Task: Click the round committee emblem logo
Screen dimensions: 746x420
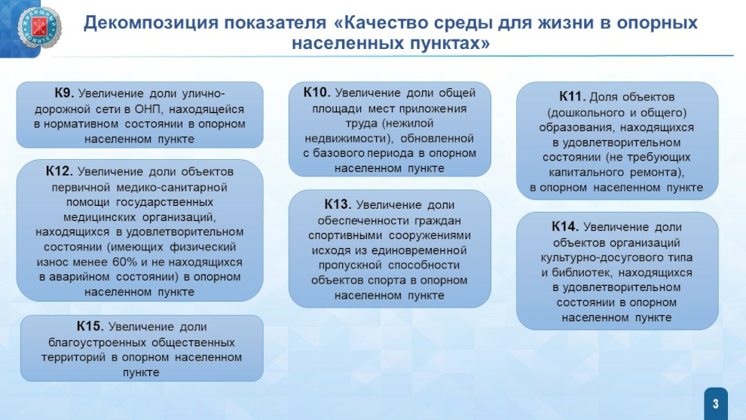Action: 39,28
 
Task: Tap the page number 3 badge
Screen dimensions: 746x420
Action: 716,404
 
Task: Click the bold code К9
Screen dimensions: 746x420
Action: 64,93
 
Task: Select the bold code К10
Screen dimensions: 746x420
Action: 316,92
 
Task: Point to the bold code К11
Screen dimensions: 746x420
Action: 572,97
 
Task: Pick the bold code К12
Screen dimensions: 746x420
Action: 59,171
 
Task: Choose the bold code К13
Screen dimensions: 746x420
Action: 338,204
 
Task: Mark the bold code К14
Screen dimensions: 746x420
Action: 565,226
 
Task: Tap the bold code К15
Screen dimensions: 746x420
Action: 90,326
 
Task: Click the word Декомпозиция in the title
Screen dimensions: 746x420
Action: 151,23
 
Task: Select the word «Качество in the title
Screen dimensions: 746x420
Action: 384,23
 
